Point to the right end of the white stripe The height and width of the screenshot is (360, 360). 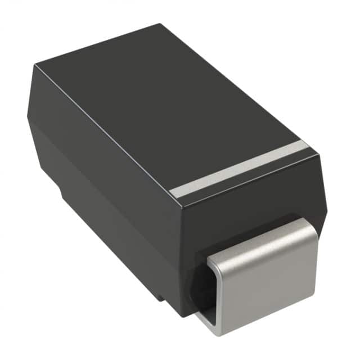[x=305, y=145]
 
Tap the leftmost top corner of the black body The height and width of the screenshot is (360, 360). [x=34, y=67]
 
